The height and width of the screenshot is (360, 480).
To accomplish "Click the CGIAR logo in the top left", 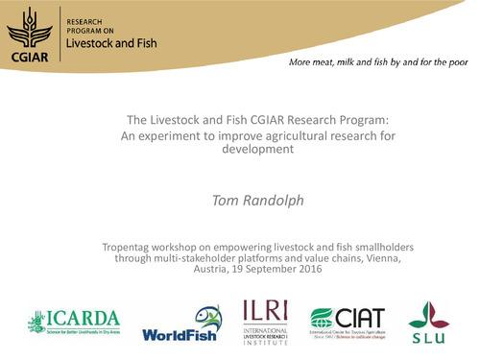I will click(x=28, y=32).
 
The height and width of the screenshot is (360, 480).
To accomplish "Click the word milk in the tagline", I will click(x=352, y=64).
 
